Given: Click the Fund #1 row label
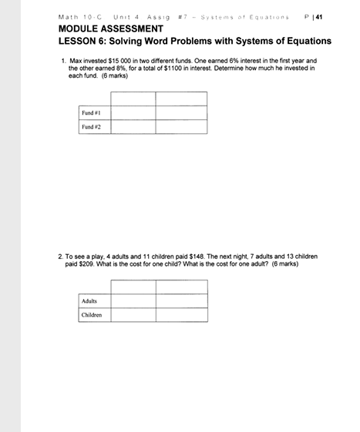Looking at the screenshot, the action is click(x=91, y=112).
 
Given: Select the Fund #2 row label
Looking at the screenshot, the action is click(x=91, y=127).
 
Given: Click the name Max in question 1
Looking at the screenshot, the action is click(x=76, y=59).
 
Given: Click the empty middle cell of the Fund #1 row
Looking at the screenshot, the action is click(x=133, y=112).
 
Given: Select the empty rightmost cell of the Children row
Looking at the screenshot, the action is click(x=181, y=315).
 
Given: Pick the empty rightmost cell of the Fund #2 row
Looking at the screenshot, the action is click(x=181, y=127).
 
